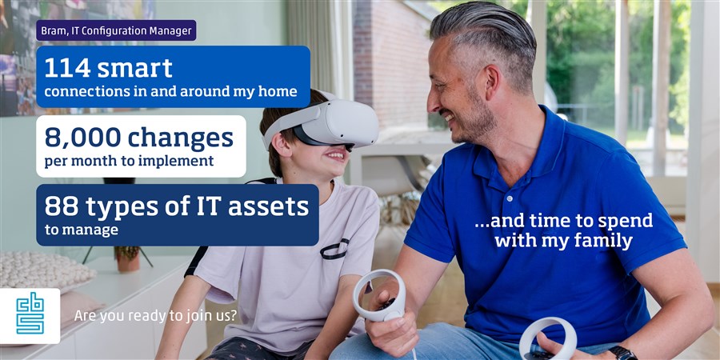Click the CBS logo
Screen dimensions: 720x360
point(30,315)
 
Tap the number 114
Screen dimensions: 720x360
point(67,69)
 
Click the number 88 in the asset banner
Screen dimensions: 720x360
point(61,207)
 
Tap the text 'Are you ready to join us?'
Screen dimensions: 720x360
point(156,316)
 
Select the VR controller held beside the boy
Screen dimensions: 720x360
point(380,295)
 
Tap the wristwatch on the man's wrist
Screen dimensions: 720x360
point(622,353)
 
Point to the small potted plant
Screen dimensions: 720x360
point(128,258)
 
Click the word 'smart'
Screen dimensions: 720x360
point(135,69)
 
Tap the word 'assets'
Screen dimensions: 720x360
point(269,207)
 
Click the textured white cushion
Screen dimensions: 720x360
point(45,270)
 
